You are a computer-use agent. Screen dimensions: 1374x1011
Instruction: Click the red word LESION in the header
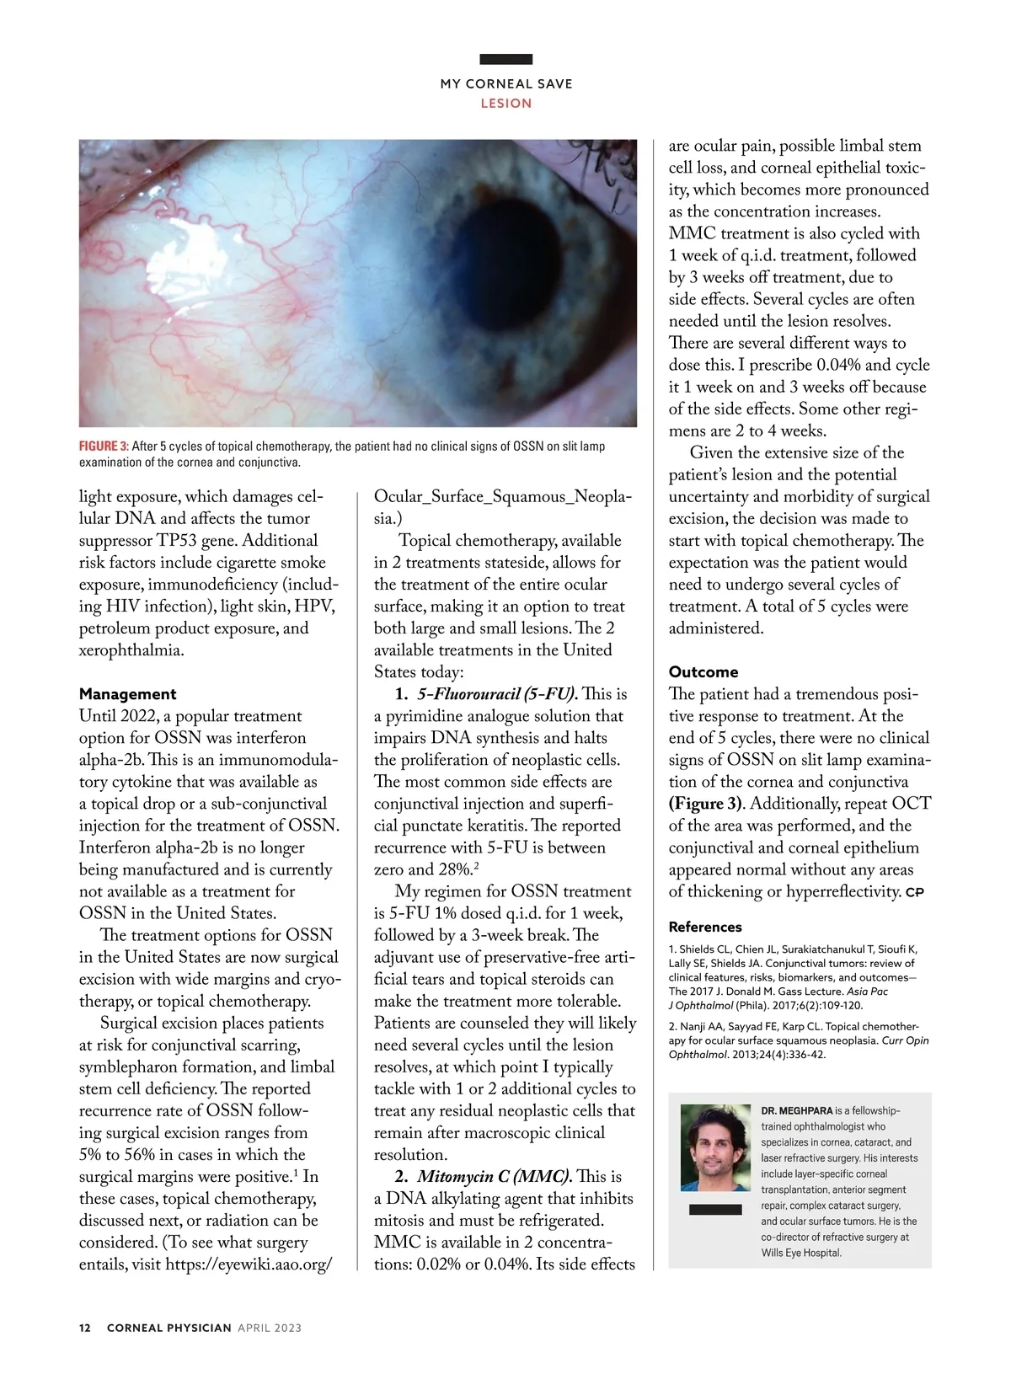[505, 104]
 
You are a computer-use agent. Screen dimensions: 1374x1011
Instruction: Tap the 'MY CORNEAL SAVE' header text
[505, 84]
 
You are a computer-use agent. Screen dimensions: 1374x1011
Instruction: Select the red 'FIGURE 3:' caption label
[104, 446]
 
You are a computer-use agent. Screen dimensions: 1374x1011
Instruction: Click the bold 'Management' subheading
[128, 694]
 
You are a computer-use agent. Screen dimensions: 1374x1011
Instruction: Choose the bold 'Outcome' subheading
[703, 672]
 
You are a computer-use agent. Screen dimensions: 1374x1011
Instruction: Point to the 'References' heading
[705, 927]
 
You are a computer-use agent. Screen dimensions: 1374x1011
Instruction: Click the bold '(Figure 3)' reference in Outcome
[707, 804]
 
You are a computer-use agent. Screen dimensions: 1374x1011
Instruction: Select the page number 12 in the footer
[84, 1328]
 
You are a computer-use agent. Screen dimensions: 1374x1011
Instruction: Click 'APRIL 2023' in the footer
[270, 1328]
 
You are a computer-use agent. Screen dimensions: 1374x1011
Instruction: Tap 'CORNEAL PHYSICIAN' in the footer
[168, 1328]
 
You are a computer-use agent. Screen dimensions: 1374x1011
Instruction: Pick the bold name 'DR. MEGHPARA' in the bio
[796, 1111]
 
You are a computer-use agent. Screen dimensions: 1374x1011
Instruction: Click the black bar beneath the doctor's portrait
[715, 1210]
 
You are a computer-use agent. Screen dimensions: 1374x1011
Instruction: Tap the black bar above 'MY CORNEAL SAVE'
[505, 59]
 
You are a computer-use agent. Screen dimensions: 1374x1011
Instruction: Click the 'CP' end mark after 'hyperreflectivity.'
[915, 892]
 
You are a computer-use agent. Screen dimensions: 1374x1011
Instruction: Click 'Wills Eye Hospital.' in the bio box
[801, 1253]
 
